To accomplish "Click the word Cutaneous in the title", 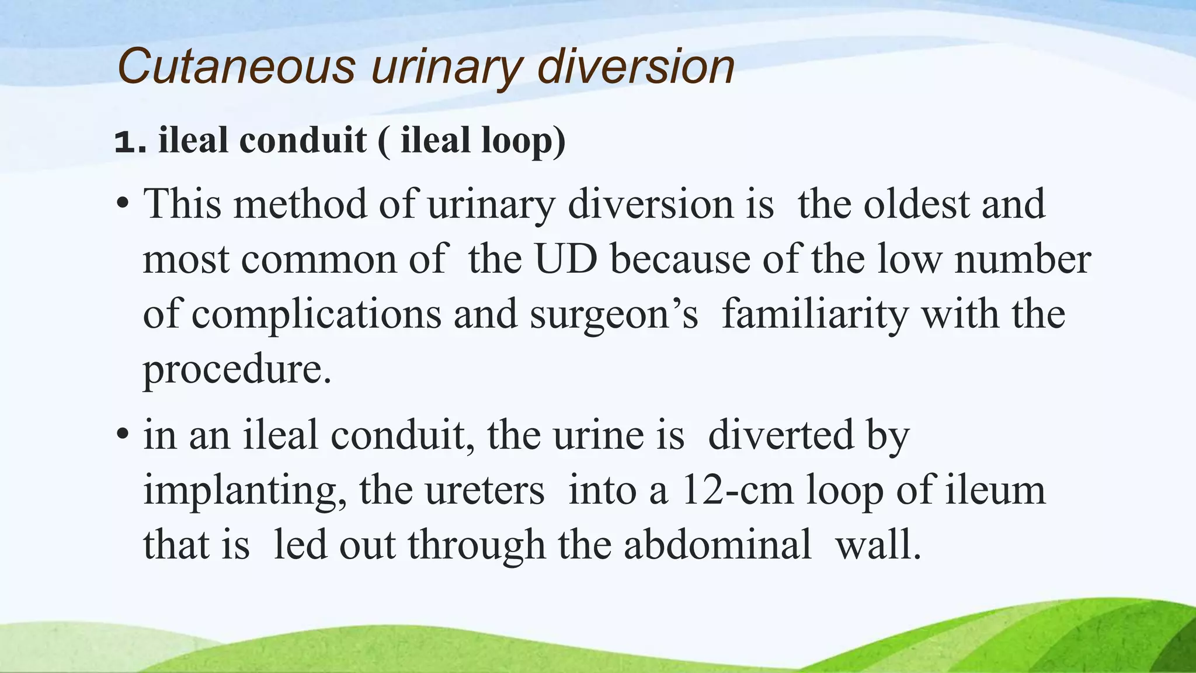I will [x=236, y=67].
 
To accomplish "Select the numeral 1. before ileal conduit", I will [x=130, y=141].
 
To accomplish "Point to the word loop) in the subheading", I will [x=523, y=141].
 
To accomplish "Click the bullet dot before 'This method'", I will [x=122, y=205].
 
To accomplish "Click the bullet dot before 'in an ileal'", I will [x=122, y=436].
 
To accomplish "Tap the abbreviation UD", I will [x=566, y=259].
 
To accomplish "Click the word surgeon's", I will [x=614, y=314].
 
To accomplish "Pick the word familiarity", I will [x=815, y=314].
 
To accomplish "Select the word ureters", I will [x=485, y=491].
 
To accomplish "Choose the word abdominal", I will [x=717, y=544].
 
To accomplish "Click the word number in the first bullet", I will [x=1022, y=259].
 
